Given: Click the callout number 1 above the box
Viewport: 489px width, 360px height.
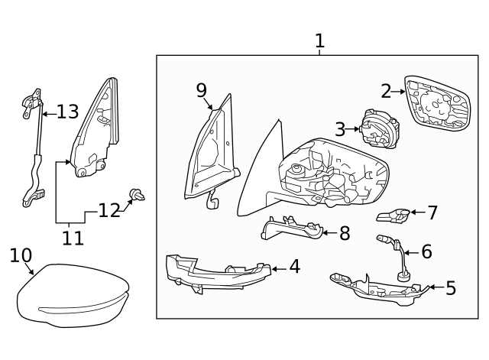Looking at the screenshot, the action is pos(319,41).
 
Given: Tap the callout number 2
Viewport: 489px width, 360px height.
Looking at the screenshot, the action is pos(386,92).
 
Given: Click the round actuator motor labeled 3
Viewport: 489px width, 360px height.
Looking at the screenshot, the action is pos(381,129).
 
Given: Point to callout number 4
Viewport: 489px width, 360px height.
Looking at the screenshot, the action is pos(295,267).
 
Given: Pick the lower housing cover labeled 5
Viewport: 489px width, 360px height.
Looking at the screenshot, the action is pos(380,289).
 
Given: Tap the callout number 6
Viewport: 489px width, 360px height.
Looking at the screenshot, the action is pos(426,251).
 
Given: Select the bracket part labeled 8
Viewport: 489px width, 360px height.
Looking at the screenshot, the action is pos(292,229).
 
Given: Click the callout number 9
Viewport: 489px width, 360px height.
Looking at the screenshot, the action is pos(202,90).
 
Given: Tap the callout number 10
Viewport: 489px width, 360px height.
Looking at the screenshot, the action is pos(21,255).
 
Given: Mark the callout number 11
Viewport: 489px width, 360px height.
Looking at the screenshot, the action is pos(73,238).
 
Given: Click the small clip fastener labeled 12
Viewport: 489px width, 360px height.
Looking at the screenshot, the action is pos(138,195).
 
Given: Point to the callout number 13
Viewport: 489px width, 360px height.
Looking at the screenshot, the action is pos(68,112).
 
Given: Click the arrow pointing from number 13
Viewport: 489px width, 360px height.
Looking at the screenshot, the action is pos(49,114).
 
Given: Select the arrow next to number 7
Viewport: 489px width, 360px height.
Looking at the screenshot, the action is pos(418,212).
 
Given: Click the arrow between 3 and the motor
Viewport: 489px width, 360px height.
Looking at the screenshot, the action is pos(353,128).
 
